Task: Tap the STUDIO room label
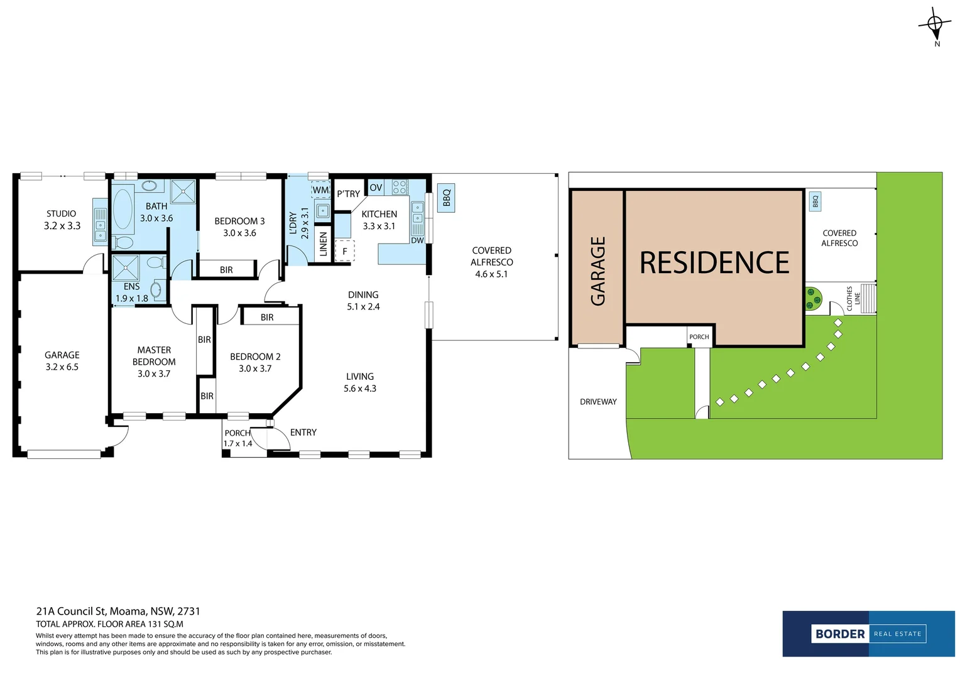click(x=61, y=214)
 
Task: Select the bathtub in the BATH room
click(x=123, y=209)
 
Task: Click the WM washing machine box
click(x=320, y=190)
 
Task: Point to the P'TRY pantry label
click(x=348, y=194)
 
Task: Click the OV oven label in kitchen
click(x=376, y=188)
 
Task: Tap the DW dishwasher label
click(x=417, y=240)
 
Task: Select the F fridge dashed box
click(x=344, y=251)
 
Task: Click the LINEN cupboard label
click(x=323, y=244)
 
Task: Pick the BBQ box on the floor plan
click(x=446, y=198)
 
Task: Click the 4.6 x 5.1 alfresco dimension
click(x=491, y=274)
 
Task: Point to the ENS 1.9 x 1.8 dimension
click(x=132, y=299)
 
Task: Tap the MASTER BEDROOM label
click(x=154, y=356)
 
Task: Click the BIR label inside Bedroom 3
click(x=226, y=270)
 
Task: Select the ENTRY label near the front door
click(x=303, y=433)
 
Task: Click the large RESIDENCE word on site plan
click(x=714, y=263)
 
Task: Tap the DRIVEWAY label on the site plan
click(x=598, y=402)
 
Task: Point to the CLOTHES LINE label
click(x=853, y=298)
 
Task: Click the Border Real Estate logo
click(x=868, y=634)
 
